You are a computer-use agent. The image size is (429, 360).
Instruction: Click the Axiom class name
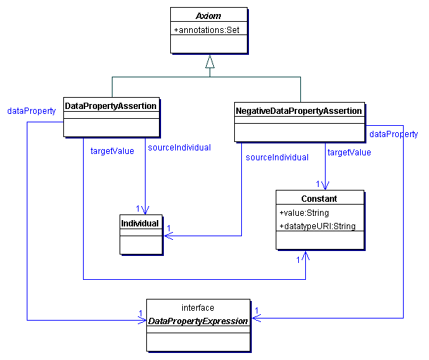(x=209, y=14)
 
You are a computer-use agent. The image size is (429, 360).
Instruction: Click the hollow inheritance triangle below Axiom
(x=210, y=62)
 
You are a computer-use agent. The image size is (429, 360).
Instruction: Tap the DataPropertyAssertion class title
(x=110, y=105)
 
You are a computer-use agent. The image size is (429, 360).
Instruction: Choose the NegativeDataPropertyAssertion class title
(x=300, y=110)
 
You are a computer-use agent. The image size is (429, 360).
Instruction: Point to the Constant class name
(x=319, y=199)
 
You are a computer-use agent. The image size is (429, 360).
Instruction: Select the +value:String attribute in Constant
(x=304, y=213)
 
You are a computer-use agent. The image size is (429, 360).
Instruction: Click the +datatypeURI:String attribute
(x=317, y=226)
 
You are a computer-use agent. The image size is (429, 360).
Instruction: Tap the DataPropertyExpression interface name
(x=198, y=321)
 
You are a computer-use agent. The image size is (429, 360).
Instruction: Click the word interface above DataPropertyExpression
(x=198, y=308)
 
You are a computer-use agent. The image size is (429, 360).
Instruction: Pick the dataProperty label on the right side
(x=393, y=134)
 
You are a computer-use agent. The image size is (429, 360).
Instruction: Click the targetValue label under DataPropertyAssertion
(x=113, y=150)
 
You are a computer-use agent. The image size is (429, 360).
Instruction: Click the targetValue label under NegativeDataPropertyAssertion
(x=350, y=152)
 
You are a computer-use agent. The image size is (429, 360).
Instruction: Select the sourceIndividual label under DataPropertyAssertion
(x=179, y=147)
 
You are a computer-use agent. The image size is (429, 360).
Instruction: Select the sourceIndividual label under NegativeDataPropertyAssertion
(x=277, y=157)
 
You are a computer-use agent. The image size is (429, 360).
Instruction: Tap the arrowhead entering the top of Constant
(x=326, y=186)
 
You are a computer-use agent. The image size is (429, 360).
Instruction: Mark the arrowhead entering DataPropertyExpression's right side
(x=255, y=318)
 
